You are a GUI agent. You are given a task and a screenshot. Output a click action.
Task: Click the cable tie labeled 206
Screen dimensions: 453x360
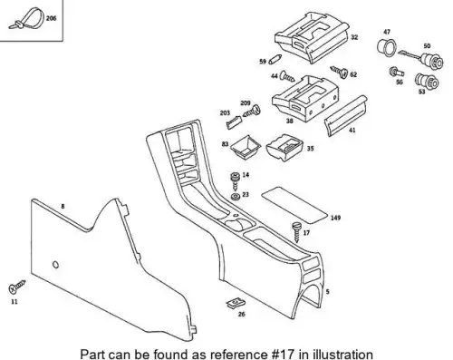click(x=26, y=18)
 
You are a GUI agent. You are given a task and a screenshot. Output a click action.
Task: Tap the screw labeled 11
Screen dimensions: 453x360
click(x=17, y=287)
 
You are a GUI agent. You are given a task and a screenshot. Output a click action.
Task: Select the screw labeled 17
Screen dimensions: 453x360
click(x=296, y=231)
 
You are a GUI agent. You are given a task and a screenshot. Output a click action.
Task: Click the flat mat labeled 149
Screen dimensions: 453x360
click(x=294, y=205)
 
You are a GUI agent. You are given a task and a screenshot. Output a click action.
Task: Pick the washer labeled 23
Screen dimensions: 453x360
click(x=236, y=197)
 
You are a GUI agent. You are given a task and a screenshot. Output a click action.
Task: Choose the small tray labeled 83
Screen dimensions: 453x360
click(x=246, y=147)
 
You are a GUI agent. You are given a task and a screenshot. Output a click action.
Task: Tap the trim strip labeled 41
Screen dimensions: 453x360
click(x=346, y=116)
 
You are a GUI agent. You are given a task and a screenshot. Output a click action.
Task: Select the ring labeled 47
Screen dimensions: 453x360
click(x=386, y=47)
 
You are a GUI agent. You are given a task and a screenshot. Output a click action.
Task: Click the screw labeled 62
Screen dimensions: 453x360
click(x=339, y=72)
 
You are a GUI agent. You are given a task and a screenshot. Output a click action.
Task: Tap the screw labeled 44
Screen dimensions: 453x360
click(x=287, y=76)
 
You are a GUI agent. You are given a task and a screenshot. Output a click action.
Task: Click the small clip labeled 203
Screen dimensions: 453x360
click(x=234, y=122)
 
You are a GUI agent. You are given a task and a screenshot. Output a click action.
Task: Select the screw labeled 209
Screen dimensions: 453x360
click(x=252, y=111)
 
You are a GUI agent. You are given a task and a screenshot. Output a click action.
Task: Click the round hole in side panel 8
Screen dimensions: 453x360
click(x=55, y=265)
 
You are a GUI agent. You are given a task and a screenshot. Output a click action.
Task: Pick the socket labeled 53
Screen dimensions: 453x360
click(x=427, y=81)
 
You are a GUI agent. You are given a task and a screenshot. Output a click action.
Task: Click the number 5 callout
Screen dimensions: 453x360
click(x=328, y=292)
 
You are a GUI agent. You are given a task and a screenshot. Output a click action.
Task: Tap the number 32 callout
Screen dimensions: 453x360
click(x=354, y=37)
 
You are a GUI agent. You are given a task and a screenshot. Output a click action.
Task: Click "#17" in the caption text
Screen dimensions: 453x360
click(x=281, y=354)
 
